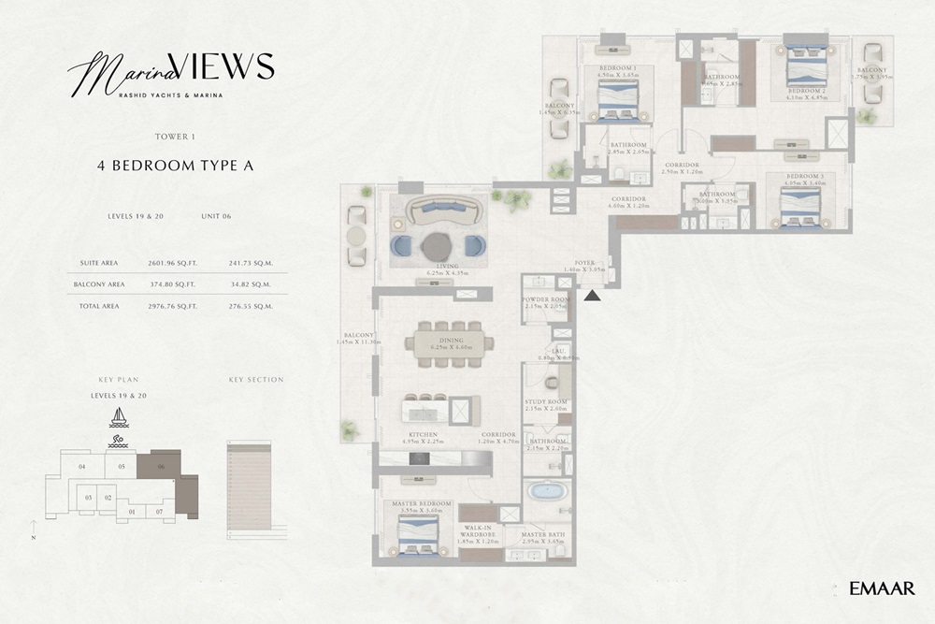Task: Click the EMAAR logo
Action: pyautogui.click(x=882, y=588)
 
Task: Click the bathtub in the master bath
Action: pyautogui.click(x=543, y=491)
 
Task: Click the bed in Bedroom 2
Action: pyautogui.click(x=806, y=66)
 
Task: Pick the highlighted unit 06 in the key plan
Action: pyautogui.click(x=159, y=465)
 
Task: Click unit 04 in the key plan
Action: pyautogui.click(x=82, y=466)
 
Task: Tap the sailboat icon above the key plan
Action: pyautogui.click(x=119, y=417)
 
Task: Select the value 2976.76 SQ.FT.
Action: pyautogui.click(x=169, y=306)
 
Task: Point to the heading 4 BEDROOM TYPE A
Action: pyautogui.click(x=175, y=165)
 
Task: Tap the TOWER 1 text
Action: pyautogui.click(x=175, y=137)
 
